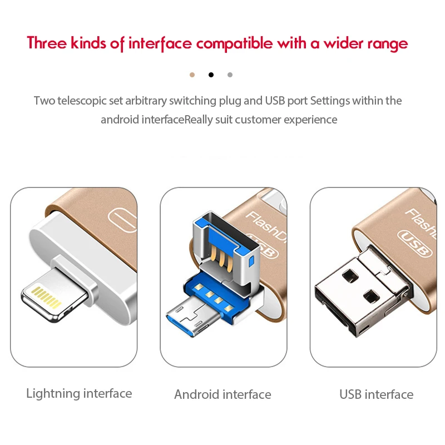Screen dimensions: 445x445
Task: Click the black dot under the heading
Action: pos(211,75)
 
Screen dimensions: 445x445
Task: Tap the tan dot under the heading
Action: pos(192,75)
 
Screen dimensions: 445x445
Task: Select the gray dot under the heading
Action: pos(230,75)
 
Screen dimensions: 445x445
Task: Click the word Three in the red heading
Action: pos(47,43)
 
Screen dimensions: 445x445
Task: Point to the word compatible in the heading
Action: pos(234,44)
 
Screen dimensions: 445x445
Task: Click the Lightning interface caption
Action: pos(79,394)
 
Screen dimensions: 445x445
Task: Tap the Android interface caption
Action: pos(223,394)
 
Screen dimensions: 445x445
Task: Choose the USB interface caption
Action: pos(377,394)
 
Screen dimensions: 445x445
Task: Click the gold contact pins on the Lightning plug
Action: pos(46,297)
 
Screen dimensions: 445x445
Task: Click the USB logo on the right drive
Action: pos(414,243)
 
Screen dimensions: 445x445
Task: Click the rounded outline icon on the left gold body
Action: pos(122,220)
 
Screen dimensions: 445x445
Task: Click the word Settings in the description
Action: pos(330,101)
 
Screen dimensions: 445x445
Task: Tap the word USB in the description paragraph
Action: pos(275,101)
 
